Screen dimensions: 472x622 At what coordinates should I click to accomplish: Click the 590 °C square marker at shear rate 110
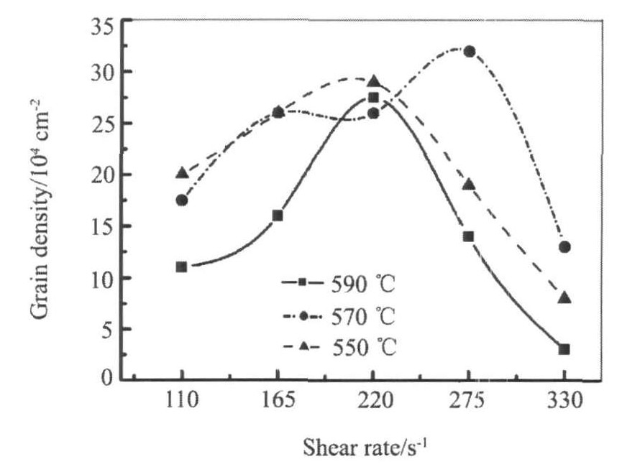click(181, 267)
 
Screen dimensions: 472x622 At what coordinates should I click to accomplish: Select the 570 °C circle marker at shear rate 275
click(469, 52)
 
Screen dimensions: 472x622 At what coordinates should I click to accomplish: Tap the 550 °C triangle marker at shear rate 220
click(374, 81)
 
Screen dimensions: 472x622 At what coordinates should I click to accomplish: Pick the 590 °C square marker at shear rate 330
click(564, 349)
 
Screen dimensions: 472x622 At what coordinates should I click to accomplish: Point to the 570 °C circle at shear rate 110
click(182, 200)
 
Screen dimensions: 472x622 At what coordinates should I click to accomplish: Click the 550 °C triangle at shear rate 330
click(564, 297)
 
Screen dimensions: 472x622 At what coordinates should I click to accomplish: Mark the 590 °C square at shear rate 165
click(278, 216)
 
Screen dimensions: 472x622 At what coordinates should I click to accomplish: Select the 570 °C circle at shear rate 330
click(564, 247)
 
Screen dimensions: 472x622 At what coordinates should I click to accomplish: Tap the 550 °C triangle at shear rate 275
click(469, 185)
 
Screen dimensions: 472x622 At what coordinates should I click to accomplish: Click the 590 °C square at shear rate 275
click(469, 236)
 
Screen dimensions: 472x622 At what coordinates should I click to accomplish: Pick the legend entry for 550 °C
click(338, 347)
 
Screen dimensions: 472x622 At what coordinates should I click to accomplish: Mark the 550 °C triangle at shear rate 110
click(182, 173)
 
